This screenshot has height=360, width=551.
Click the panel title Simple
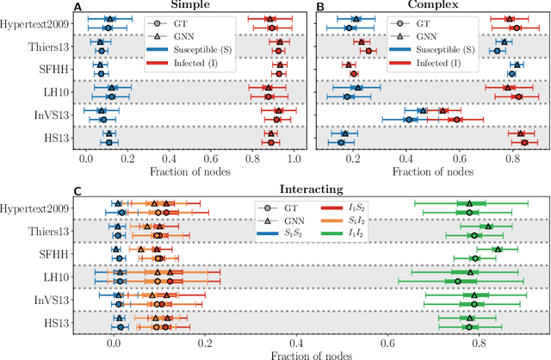coord(190,6)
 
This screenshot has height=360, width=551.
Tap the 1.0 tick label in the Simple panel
coord(294,160)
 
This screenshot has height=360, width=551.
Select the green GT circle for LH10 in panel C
coord(458,281)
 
